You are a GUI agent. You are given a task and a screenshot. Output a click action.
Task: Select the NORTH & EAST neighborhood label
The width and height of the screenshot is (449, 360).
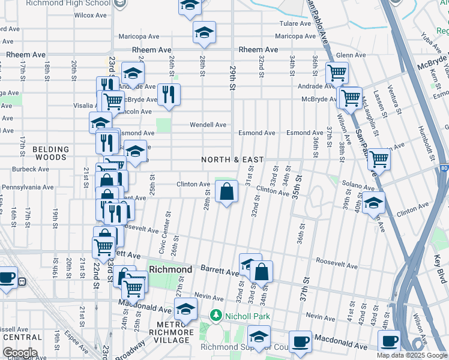(x=232, y=160)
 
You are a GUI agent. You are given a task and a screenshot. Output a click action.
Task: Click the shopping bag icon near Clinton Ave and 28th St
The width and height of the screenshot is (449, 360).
(x=227, y=193)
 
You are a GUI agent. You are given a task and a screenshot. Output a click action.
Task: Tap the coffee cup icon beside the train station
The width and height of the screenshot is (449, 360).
(x=7, y=278)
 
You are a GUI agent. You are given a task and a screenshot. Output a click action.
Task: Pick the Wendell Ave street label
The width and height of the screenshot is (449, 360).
(x=208, y=125)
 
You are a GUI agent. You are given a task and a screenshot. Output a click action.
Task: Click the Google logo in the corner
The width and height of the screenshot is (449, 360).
(x=20, y=353)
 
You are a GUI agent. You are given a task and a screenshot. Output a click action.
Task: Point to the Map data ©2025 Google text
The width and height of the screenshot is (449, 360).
(x=411, y=355)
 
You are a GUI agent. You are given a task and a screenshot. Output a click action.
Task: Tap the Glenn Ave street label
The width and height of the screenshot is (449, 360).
(x=351, y=55)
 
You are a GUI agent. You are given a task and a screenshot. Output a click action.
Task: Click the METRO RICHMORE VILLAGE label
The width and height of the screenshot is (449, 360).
(x=172, y=332)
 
